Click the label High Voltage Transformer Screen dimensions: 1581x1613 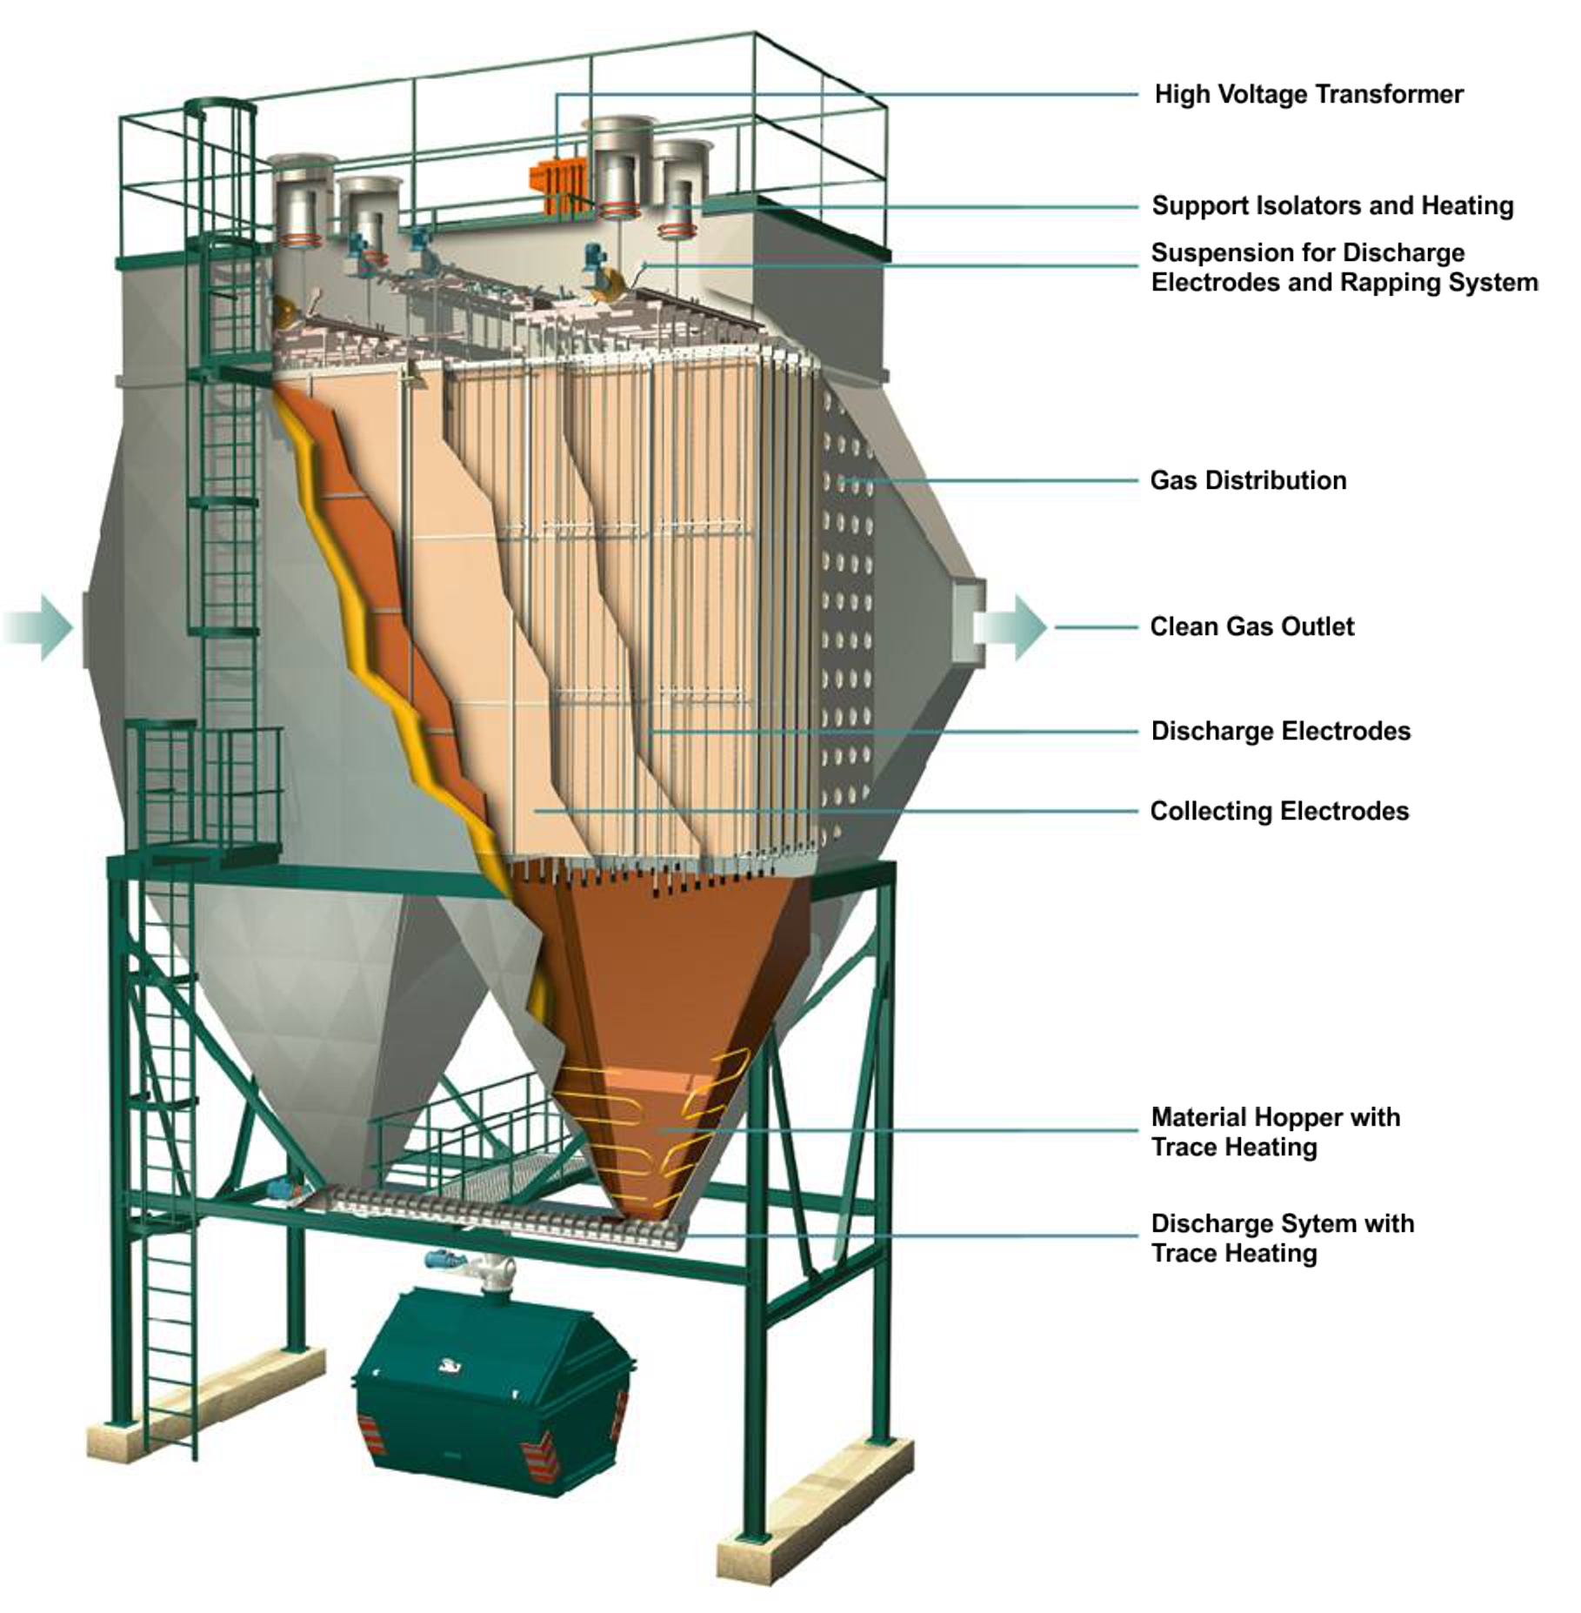coord(1308,94)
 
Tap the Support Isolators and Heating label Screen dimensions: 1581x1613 coord(1332,205)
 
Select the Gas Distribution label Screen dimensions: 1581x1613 coord(1248,480)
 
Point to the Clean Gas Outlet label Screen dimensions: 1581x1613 coord(1251,626)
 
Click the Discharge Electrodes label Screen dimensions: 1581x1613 coord(1280,731)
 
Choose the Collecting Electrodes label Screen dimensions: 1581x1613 coord(1279,811)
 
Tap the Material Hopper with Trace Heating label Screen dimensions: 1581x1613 coord(1276,1132)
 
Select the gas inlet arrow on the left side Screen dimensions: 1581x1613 coord(39,627)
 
